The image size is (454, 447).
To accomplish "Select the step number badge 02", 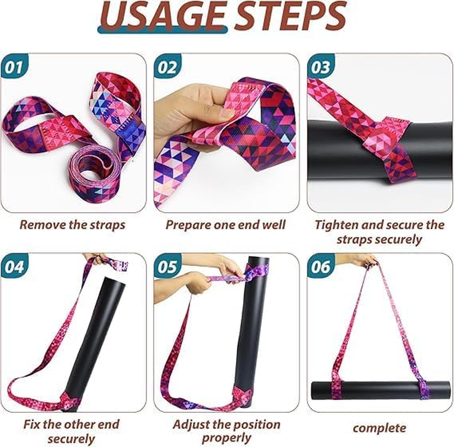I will point(167,68).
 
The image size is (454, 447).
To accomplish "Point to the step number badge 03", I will point(320,68).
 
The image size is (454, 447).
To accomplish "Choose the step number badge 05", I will point(167,267).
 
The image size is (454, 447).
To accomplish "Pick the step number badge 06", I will point(320,267).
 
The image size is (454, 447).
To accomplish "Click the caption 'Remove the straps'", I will point(72,225).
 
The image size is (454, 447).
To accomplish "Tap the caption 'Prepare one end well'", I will point(225,225).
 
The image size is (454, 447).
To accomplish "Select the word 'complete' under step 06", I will point(379,428).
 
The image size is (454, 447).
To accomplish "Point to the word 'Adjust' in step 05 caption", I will point(192,425).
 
